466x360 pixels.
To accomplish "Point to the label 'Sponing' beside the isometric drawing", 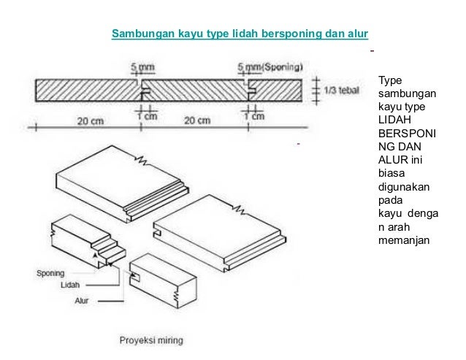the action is coord(50,274).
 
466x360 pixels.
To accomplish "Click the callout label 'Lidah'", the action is coord(70,286).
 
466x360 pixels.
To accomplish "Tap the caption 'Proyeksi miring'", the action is coord(152,340).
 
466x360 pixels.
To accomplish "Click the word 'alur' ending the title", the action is coord(358,34).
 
